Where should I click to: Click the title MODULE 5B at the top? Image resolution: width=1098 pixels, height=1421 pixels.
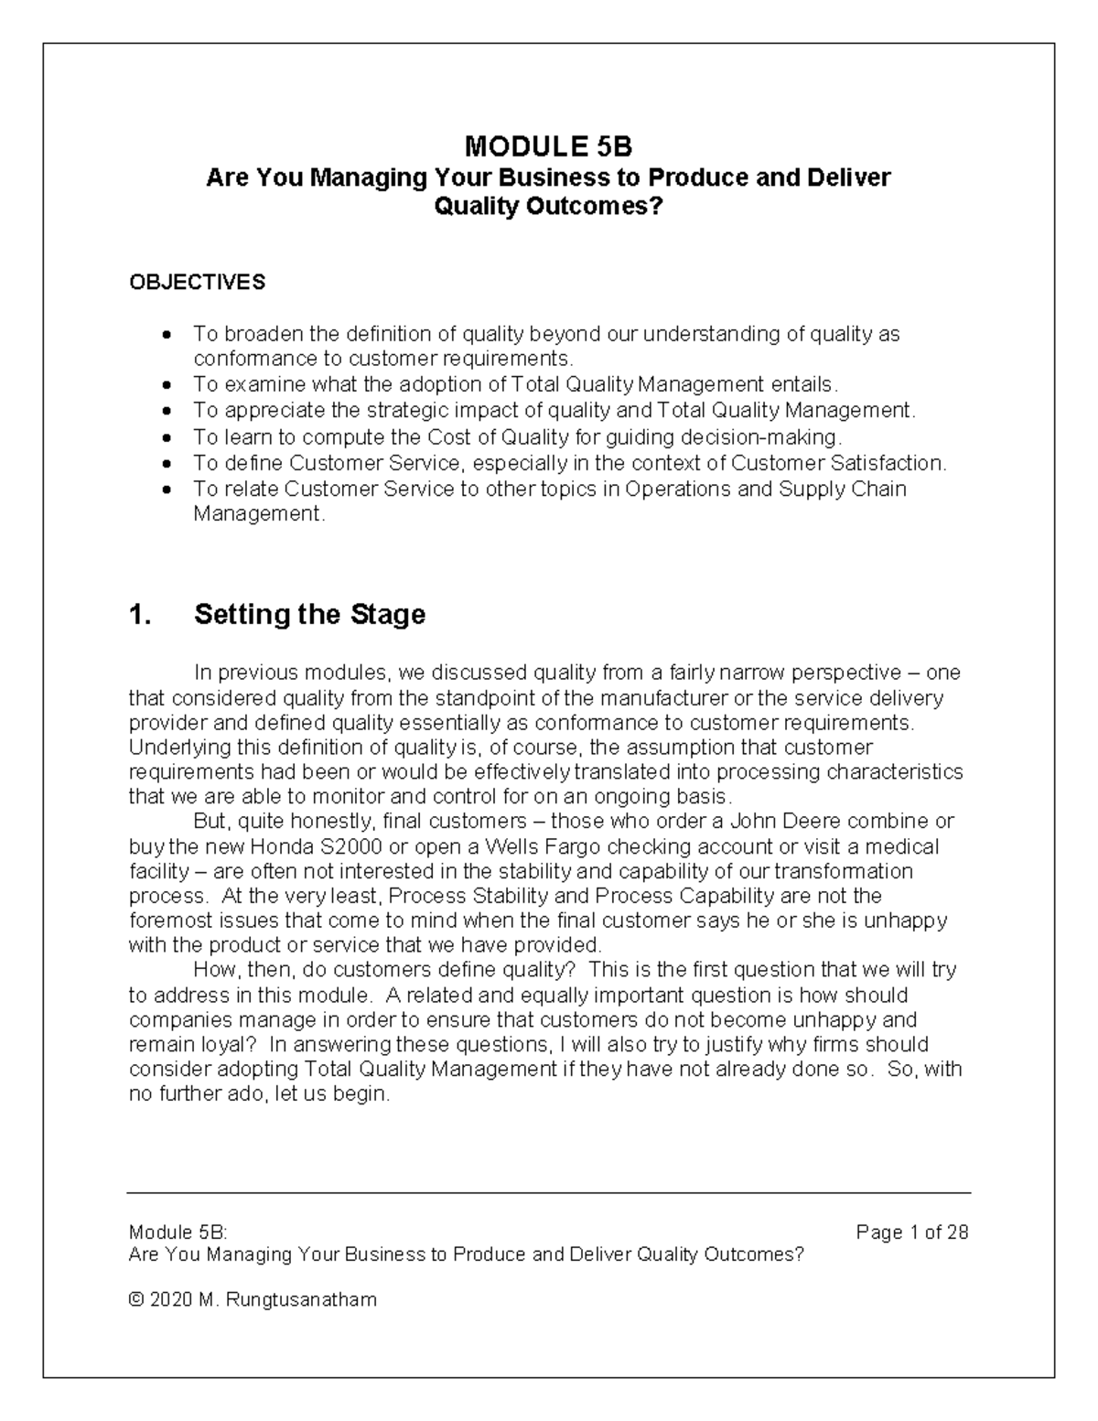coord(548,146)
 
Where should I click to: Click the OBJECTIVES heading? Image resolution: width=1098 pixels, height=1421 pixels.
coord(197,282)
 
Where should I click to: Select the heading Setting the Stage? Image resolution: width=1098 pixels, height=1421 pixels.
coord(309,614)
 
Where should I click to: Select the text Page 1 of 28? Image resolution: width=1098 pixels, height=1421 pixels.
coord(911,1233)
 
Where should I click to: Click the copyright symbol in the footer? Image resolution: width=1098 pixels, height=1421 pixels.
coord(136,1299)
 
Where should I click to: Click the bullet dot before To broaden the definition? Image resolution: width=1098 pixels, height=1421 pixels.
coord(166,336)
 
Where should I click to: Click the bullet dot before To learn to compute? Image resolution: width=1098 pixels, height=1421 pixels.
coord(166,438)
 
